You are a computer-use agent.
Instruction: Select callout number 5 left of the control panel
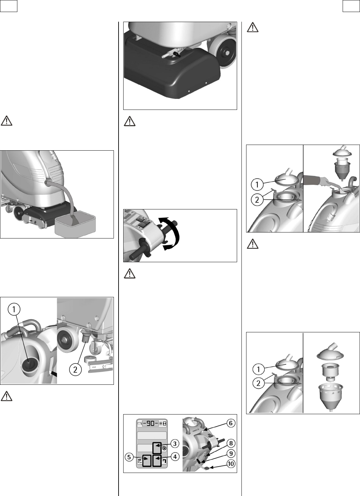129,457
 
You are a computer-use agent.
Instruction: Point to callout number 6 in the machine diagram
231,423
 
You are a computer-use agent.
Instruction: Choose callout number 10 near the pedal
231,464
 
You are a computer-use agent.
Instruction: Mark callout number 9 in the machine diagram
231,454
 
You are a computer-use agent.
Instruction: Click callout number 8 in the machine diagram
231,443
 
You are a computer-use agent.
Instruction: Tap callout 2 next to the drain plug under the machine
75,369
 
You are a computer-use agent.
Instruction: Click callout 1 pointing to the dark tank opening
14,309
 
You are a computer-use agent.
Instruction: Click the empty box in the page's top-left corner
9,6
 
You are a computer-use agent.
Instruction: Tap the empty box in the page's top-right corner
351,6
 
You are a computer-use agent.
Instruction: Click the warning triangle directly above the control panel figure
130,274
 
